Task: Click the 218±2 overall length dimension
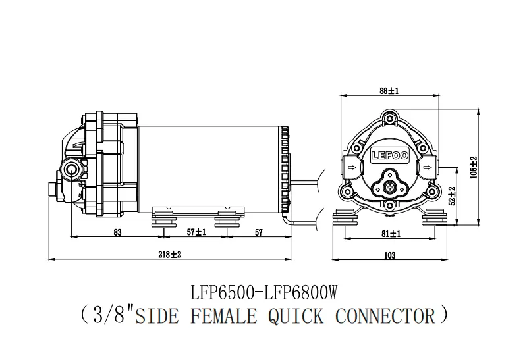click(170, 255)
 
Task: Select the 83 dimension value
click(117, 232)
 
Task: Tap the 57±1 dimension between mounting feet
click(196, 232)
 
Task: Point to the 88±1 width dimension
click(389, 91)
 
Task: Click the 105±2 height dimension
click(474, 167)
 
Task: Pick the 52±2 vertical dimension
click(452, 195)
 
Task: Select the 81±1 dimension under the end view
click(391, 234)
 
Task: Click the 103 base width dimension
click(389, 255)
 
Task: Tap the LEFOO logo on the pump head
click(390, 155)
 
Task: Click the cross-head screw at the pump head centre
click(390, 187)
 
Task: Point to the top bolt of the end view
click(389, 118)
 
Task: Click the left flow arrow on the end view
click(352, 167)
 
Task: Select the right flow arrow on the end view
click(428, 167)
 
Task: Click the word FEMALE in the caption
click(224, 316)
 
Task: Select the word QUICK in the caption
click(296, 317)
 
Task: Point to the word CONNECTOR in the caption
click(385, 316)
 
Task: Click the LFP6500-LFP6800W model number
click(264, 292)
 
